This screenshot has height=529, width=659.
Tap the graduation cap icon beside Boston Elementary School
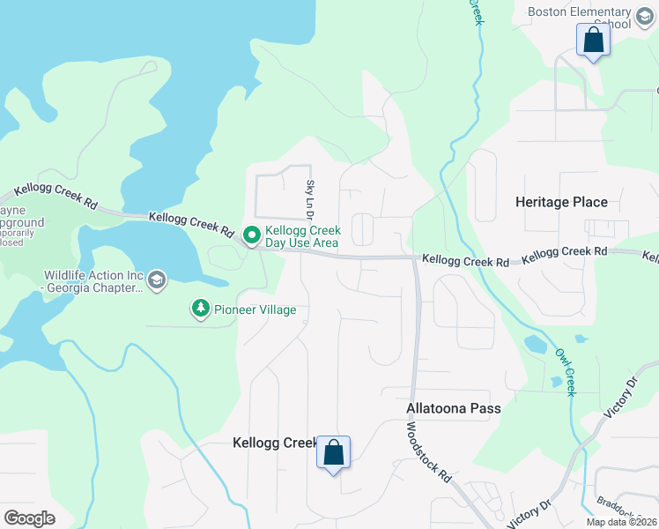(x=646, y=12)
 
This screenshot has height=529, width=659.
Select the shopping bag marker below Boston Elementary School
(x=593, y=41)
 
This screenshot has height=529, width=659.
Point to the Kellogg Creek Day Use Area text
(x=302, y=236)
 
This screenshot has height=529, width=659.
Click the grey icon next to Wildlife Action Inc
(x=157, y=280)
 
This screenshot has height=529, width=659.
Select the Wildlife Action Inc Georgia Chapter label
(x=93, y=281)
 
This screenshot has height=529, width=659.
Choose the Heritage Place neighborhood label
(x=561, y=202)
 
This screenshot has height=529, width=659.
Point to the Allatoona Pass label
(x=453, y=408)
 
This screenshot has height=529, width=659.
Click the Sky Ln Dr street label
(x=309, y=199)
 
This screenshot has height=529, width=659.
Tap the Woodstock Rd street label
(x=429, y=451)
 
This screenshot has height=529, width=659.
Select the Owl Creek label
(x=565, y=371)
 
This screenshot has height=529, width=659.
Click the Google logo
(x=29, y=518)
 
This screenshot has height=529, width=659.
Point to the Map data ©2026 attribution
(x=621, y=522)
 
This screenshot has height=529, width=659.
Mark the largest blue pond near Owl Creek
(x=534, y=343)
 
